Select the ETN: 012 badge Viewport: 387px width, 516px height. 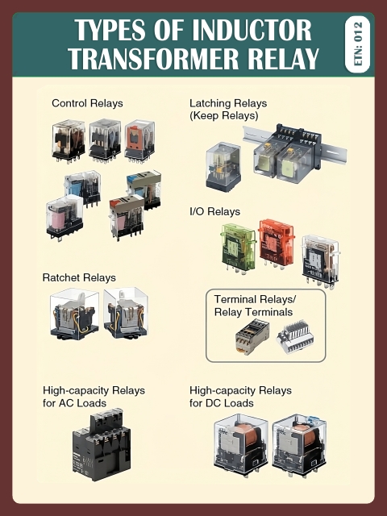pyautogui.click(x=357, y=44)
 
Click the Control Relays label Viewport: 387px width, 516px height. pyautogui.click(x=87, y=103)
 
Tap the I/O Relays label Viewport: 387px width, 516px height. pyautogui.click(x=214, y=211)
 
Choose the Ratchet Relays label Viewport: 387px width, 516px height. pyautogui.click(x=79, y=277)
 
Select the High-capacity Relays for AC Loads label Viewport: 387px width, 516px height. pyautogui.click(x=94, y=396)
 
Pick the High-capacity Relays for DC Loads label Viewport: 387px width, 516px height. pyautogui.click(x=240, y=396)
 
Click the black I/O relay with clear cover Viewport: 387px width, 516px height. pyautogui.click(x=319, y=258)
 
